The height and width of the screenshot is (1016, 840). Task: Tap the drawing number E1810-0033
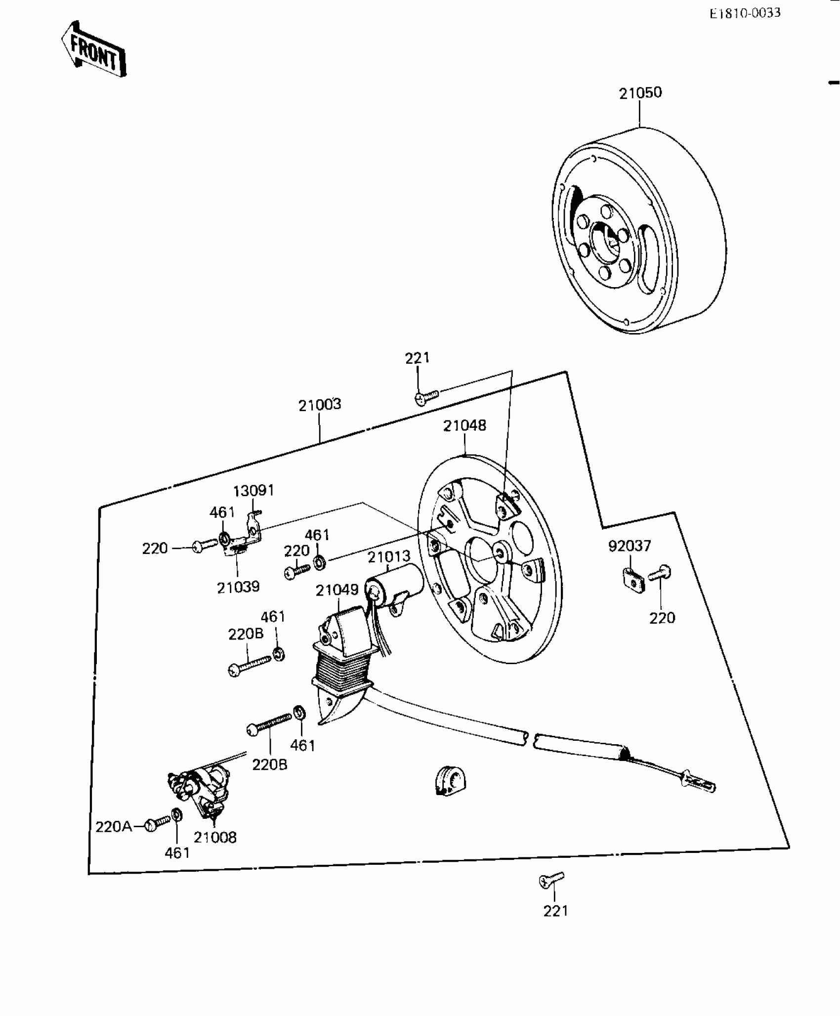click(745, 13)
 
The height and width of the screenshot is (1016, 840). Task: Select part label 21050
click(640, 93)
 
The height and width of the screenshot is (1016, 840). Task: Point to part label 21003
click(320, 405)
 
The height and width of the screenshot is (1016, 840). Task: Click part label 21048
click(464, 425)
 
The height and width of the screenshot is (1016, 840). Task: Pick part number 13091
click(253, 491)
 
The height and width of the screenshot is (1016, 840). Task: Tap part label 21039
click(238, 587)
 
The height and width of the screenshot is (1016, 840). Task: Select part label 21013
click(389, 556)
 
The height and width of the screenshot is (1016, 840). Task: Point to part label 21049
click(337, 590)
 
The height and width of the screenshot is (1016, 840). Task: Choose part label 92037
click(630, 546)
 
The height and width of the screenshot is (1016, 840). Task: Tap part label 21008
click(215, 837)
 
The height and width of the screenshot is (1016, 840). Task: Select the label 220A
click(114, 827)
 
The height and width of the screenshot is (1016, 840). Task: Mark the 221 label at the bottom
click(555, 911)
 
